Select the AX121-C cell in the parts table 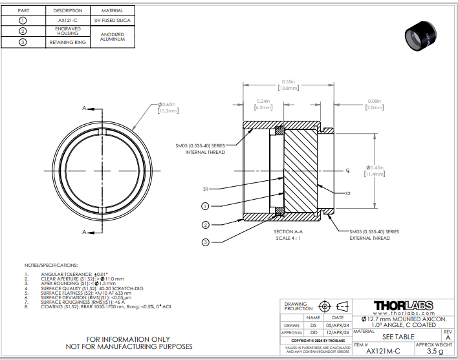(x=68, y=21)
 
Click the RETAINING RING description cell (x=68, y=43)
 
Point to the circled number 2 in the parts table (x=23, y=31)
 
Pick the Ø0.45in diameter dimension (x=375, y=170)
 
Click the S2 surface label (x=348, y=193)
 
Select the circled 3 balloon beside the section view (x=205, y=242)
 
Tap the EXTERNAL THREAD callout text (x=369, y=238)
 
